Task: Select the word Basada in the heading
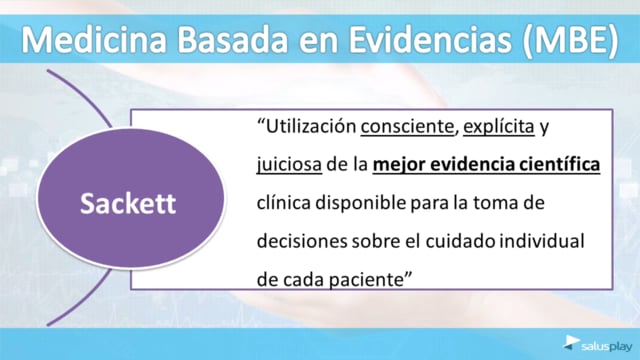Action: (x=232, y=40)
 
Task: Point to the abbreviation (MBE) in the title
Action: (x=570, y=41)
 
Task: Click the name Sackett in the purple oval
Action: (x=128, y=203)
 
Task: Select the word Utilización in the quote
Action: (x=311, y=127)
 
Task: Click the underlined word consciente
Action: (x=407, y=127)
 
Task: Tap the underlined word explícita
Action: (x=499, y=127)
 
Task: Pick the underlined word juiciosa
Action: (x=289, y=165)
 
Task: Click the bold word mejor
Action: (x=399, y=165)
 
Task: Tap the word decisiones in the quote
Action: (x=302, y=241)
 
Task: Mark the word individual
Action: (x=542, y=241)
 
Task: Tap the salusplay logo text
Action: (x=607, y=347)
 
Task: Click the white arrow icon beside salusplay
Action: (x=571, y=342)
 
